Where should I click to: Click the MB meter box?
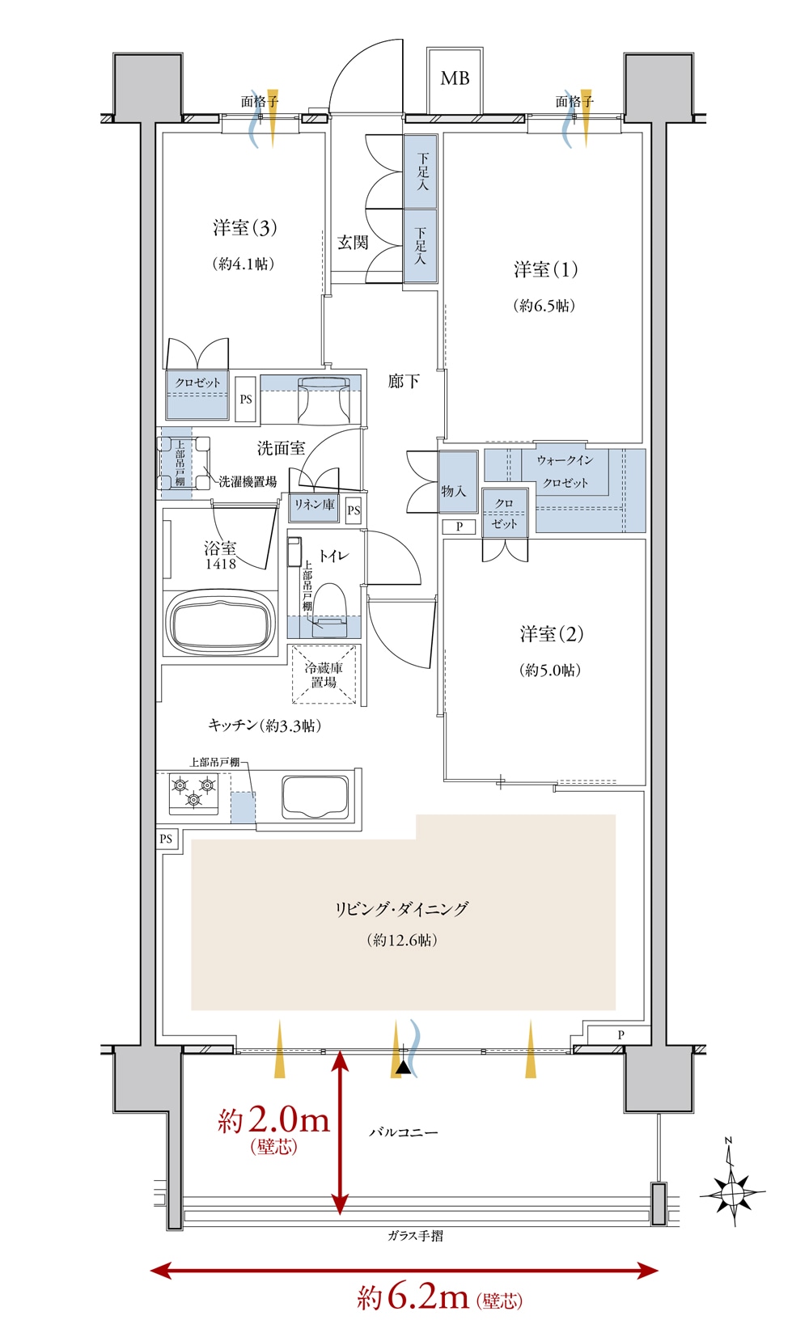(x=455, y=81)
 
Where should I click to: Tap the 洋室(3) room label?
(x=244, y=227)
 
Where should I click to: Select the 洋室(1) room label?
(x=545, y=269)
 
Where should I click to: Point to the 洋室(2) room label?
(x=552, y=634)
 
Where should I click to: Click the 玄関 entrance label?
(x=353, y=242)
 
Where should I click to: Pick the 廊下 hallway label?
(x=404, y=381)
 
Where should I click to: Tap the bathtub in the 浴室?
(x=221, y=622)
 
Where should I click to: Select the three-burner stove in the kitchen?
(x=193, y=793)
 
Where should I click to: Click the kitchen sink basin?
(x=316, y=797)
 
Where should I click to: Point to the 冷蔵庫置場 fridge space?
(x=324, y=675)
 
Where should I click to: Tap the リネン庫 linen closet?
(x=314, y=507)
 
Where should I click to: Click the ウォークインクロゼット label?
(x=565, y=472)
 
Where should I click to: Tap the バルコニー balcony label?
(x=404, y=1132)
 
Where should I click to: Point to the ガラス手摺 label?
(x=415, y=1236)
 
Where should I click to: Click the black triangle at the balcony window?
(x=403, y=1067)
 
